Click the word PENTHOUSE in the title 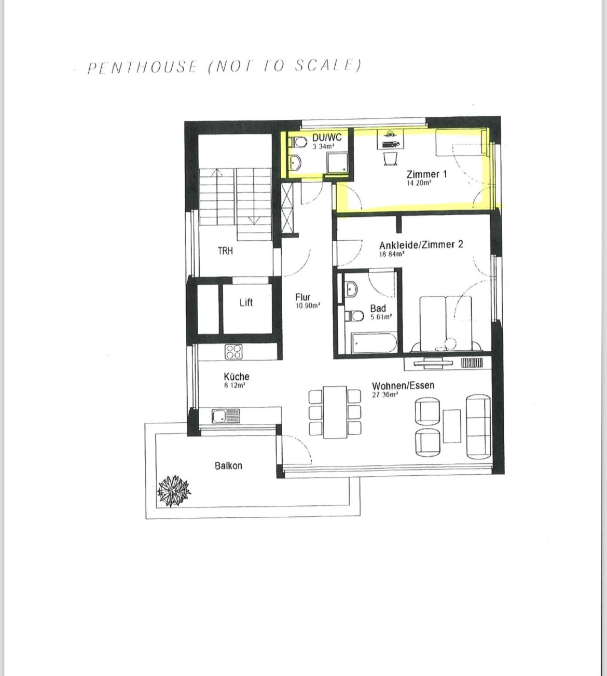point(142,67)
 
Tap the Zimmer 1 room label point(426,174)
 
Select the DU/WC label point(327,137)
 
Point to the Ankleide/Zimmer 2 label point(421,245)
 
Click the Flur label point(303,297)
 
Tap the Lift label point(246,302)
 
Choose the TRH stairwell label point(225,251)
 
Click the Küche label point(237,377)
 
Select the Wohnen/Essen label point(403,385)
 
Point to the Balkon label point(229,466)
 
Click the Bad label point(378,308)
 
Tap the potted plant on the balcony point(173,490)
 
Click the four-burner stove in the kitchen point(233,351)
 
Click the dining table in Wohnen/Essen point(335,412)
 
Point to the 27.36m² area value point(385,395)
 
